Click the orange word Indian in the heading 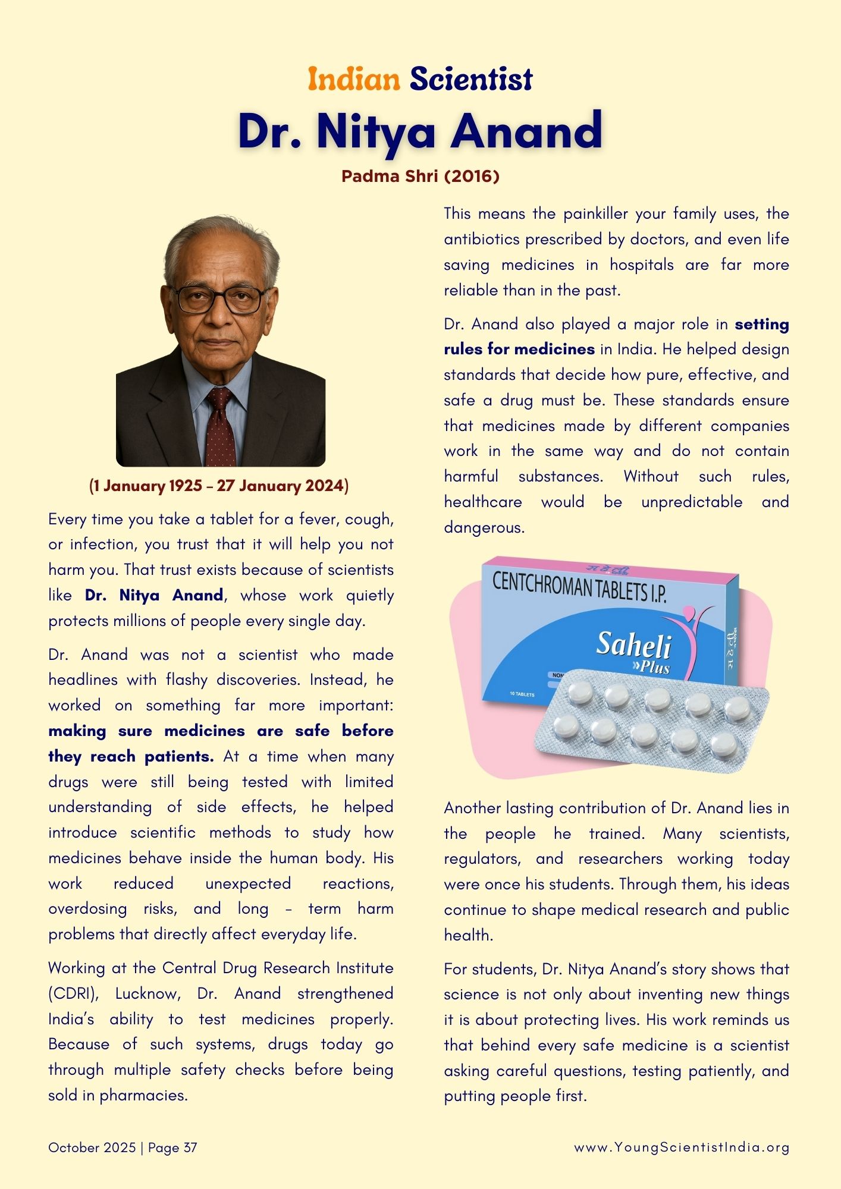(354, 79)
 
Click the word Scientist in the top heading (471, 79)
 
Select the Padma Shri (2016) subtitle (421, 176)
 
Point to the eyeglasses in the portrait (220, 299)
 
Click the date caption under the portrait (219, 486)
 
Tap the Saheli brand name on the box (633, 644)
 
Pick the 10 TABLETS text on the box (522, 694)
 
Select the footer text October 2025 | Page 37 (123, 1147)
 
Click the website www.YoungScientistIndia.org (682, 1147)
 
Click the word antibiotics (481, 239)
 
